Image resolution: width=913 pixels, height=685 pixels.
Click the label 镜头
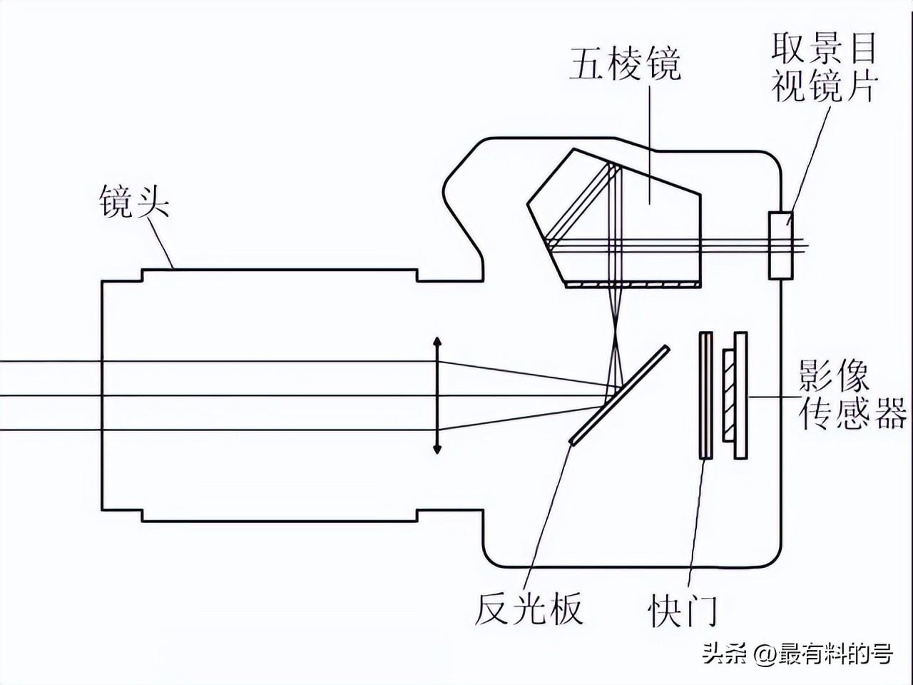[134, 202]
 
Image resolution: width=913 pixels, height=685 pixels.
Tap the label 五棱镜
[625, 65]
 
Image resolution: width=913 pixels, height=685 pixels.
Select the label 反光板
[529, 609]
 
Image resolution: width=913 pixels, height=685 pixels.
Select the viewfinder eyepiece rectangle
[780, 245]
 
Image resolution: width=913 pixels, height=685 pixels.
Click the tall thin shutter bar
[706, 395]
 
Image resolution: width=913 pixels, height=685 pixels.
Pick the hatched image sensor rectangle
[728, 395]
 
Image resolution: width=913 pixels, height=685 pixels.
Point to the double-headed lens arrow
[437, 395]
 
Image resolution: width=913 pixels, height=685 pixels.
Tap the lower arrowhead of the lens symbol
[437, 447]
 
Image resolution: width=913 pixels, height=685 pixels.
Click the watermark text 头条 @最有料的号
[797, 653]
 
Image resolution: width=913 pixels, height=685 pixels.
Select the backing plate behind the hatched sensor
[740, 395]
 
